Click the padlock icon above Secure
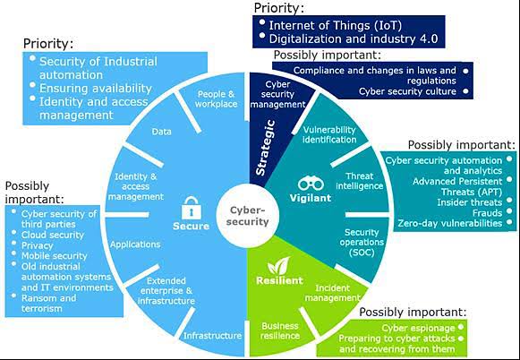(x=191, y=208)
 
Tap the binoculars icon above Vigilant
(x=311, y=184)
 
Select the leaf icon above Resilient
(x=279, y=266)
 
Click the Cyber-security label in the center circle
(x=247, y=216)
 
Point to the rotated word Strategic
(x=265, y=148)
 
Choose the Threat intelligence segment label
(x=360, y=181)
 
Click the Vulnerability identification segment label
(x=329, y=134)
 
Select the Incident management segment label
(x=333, y=293)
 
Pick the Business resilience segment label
(x=280, y=330)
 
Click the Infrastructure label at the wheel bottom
(x=213, y=336)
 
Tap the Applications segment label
(x=135, y=244)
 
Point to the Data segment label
(x=161, y=132)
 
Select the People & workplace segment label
(x=217, y=99)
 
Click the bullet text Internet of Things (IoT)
(x=336, y=25)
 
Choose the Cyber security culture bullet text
(x=407, y=91)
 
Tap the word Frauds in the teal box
(x=487, y=212)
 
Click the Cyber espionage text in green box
(x=418, y=328)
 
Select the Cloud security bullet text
(x=53, y=235)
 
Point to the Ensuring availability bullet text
(x=96, y=89)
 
